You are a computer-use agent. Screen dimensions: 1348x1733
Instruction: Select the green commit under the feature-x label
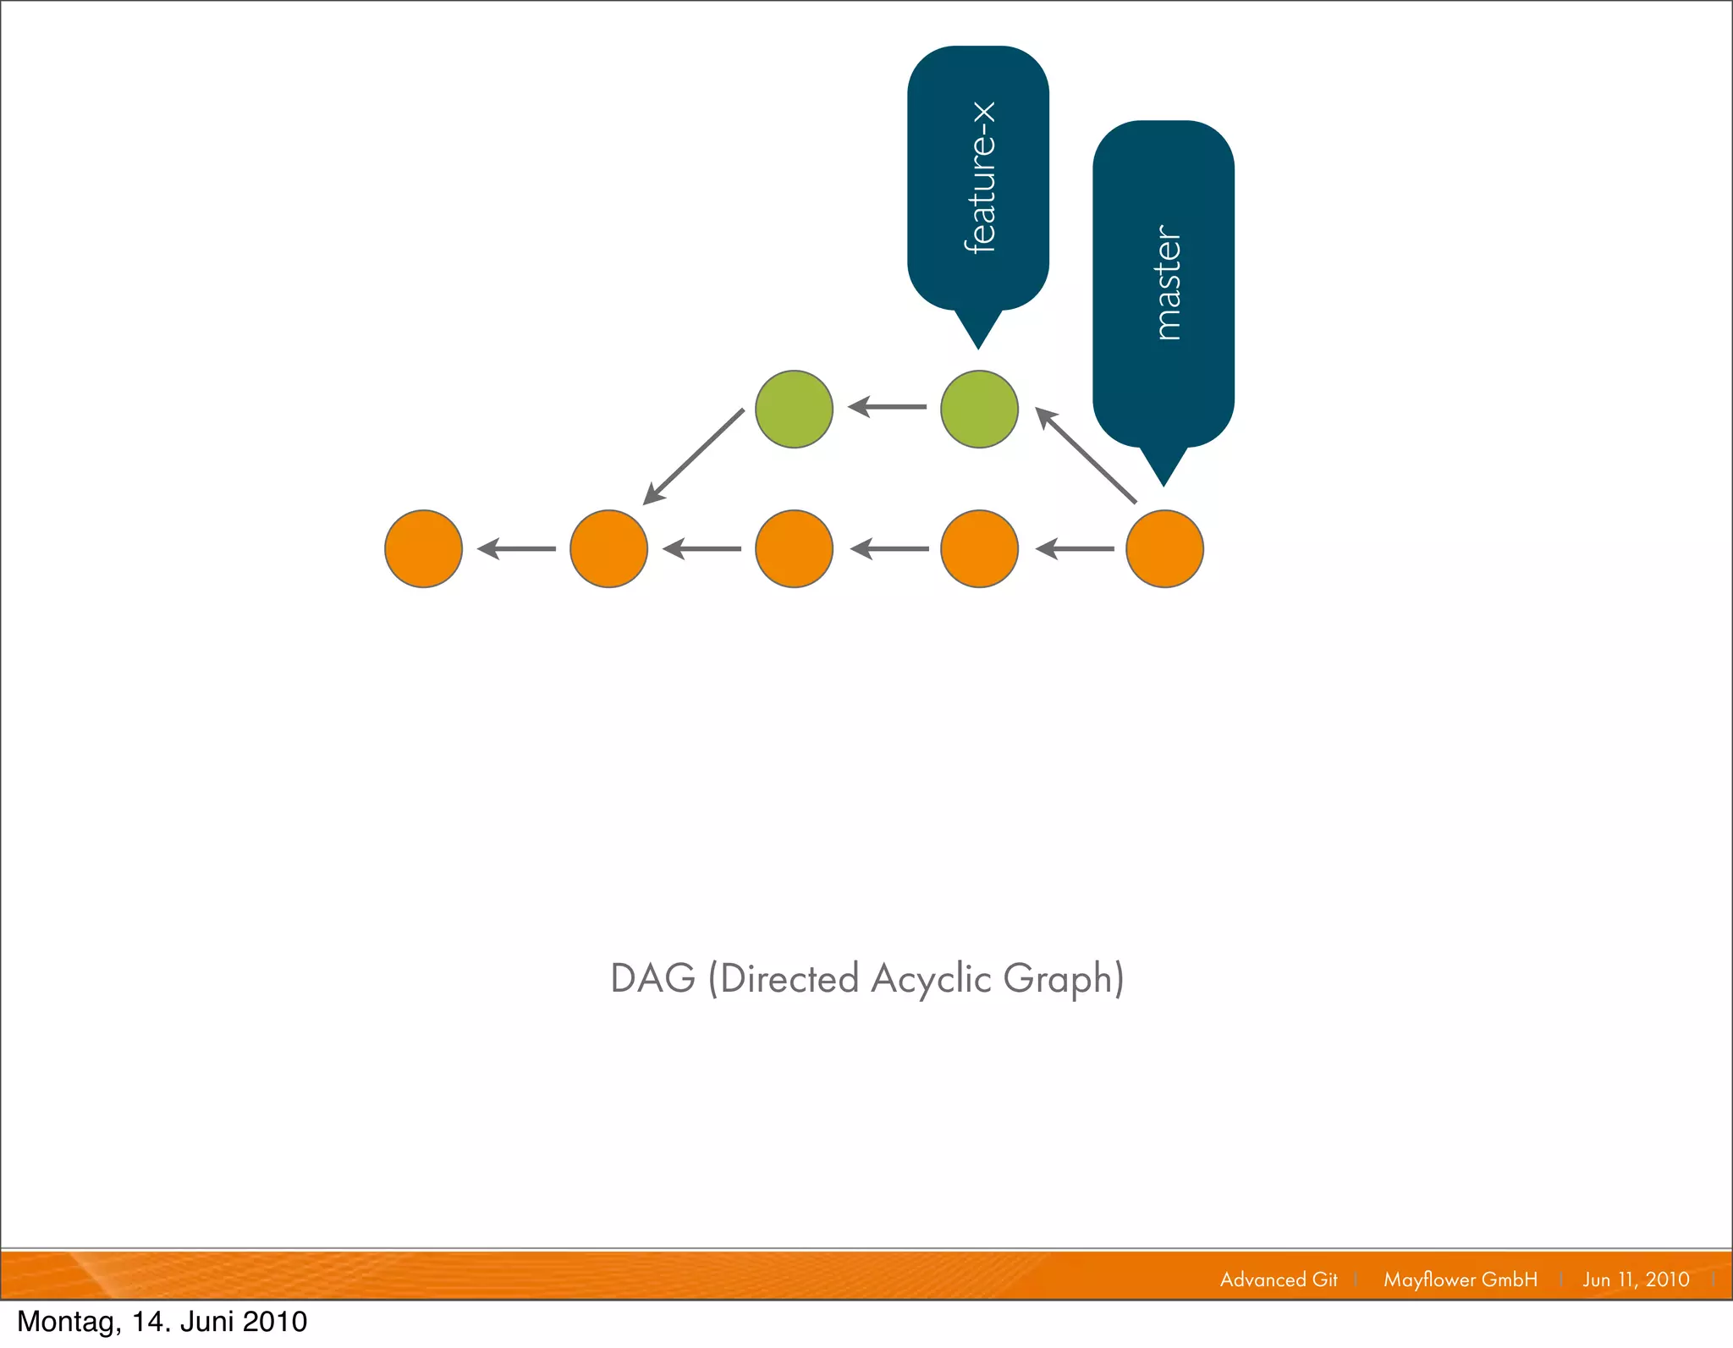coord(979,409)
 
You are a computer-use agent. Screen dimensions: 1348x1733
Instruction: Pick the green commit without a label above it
coord(794,409)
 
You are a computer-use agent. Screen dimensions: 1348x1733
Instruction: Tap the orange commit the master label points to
coord(1164,548)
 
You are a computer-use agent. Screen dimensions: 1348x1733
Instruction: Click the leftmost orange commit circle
coord(423,548)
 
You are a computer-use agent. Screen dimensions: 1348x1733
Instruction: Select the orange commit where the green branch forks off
coord(608,548)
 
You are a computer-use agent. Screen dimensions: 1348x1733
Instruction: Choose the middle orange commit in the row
coord(794,548)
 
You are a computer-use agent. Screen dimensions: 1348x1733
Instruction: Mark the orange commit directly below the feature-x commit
coord(979,548)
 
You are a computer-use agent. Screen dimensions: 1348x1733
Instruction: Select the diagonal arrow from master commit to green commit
coord(1086,455)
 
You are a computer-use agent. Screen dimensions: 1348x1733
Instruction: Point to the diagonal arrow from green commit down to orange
coord(694,456)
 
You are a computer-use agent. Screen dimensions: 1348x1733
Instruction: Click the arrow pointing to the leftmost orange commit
coord(516,549)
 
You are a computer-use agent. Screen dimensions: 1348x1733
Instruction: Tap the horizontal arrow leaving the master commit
coord(1075,549)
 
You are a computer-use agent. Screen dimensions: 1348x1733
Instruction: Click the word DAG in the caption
coord(652,978)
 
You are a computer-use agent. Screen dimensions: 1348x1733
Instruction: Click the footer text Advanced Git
coord(1279,1279)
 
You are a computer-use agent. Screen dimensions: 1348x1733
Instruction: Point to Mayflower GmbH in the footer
coord(1461,1279)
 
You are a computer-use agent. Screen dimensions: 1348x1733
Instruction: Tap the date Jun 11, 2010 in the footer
coord(1636,1279)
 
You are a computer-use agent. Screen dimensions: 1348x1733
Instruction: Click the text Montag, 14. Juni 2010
coord(162,1322)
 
